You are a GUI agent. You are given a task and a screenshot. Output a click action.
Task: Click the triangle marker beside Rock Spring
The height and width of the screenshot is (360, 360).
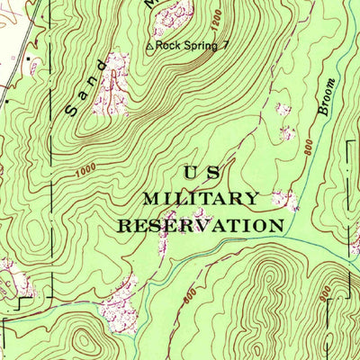pyautogui.click(x=149, y=45)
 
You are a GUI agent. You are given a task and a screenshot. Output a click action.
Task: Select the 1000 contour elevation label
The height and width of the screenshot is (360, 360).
pyautogui.click(x=86, y=167)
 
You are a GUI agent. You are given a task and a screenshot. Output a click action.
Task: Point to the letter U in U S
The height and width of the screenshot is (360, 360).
pyautogui.click(x=190, y=172)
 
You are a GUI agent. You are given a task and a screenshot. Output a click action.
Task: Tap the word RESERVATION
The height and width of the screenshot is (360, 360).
pyautogui.click(x=202, y=225)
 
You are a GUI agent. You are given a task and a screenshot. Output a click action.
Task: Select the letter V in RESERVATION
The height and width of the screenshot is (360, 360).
pyautogui.click(x=202, y=225)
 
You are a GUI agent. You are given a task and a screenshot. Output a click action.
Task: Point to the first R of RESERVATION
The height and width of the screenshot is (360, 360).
pyautogui.click(x=125, y=225)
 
